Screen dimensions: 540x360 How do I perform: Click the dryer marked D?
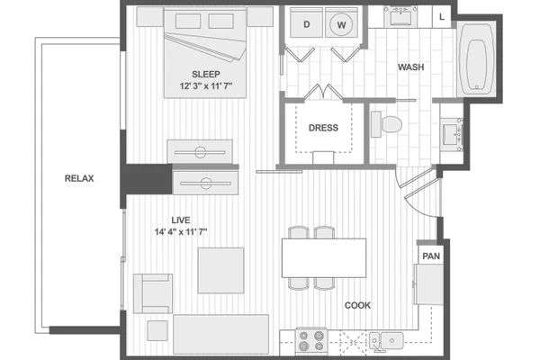(x=306, y=22)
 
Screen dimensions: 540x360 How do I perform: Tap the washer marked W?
(x=341, y=22)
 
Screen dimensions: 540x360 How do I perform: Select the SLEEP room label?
(x=206, y=74)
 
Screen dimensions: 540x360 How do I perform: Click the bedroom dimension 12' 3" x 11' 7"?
(x=206, y=85)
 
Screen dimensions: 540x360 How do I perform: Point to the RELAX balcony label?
(x=79, y=178)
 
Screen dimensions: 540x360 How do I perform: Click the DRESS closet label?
(x=323, y=128)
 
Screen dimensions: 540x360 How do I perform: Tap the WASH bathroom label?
(x=411, y=67)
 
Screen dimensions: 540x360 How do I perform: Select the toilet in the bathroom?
(x=386, y=124)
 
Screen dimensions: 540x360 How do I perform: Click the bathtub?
(x=477, y=60)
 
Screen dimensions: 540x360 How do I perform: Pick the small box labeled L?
(x=442, y=17)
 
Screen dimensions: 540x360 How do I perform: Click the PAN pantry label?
(x=431, y=256)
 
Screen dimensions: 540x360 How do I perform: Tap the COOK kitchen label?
(x=358, y=305)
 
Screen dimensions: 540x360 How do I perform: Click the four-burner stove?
(x=311, y=341)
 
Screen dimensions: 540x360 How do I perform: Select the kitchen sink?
(x=386, y=340)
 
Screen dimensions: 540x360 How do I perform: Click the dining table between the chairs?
(x=324, y=257)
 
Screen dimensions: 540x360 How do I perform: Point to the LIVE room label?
(x=181, y=220)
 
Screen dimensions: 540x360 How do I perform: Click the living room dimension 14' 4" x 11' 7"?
(x=181, y=232)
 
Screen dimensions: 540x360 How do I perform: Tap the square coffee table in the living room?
(x=220, y=270)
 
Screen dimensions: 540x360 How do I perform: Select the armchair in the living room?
(x=153, y=293)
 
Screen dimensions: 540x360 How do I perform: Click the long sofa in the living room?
(x=220, y=334)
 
